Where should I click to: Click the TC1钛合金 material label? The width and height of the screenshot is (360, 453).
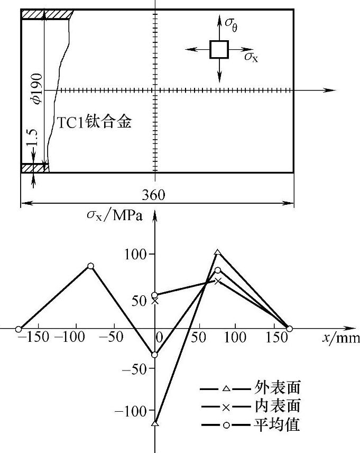[x=94, y=123]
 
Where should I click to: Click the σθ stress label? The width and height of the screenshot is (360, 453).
[x=230, y=23]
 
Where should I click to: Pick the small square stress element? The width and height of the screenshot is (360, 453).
[x=219, y=49]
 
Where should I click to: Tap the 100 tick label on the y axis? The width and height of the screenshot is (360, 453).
[x=137, y=255]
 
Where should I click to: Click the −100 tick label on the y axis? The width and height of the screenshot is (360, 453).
[x=133, y=411]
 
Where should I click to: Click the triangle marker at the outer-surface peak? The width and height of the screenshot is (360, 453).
[x=218, y=252]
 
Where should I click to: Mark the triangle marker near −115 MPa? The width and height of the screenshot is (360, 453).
[x=155, y=423]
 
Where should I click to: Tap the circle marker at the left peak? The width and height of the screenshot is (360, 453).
[x=90, y=266]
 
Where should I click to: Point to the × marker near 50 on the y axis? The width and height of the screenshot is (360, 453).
[x=155, y=301]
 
